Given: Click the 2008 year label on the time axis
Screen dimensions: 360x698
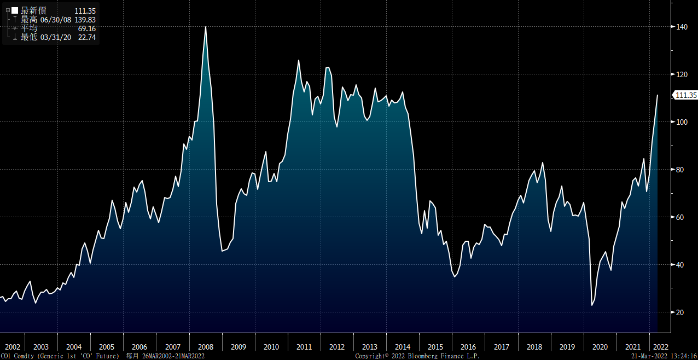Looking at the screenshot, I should [x=205, y=347].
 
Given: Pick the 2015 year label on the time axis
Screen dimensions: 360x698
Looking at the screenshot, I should [x=435, y=347].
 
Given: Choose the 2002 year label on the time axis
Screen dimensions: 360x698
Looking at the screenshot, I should [x=12, y=347].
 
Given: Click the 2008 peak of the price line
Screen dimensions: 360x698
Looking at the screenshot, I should [x=205, y=27].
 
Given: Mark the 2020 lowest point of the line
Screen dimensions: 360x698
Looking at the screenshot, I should [x=592, y=305].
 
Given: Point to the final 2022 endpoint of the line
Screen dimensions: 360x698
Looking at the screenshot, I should [x=657, y=95].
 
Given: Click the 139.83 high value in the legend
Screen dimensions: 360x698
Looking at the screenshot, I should [x=85, y=20].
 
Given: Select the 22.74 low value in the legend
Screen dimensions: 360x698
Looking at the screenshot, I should [x=88, y=37].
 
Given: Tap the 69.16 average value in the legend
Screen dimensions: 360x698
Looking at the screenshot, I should [x=88, y=28].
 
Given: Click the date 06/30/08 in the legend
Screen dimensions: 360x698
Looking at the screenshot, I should [x=55, y=20].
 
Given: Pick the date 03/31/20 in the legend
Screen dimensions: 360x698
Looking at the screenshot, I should [x=55, y=37].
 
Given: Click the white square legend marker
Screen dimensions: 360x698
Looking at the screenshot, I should [x=15, y=10].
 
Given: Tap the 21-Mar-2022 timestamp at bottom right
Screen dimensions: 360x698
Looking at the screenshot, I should [x=648, y=356].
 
